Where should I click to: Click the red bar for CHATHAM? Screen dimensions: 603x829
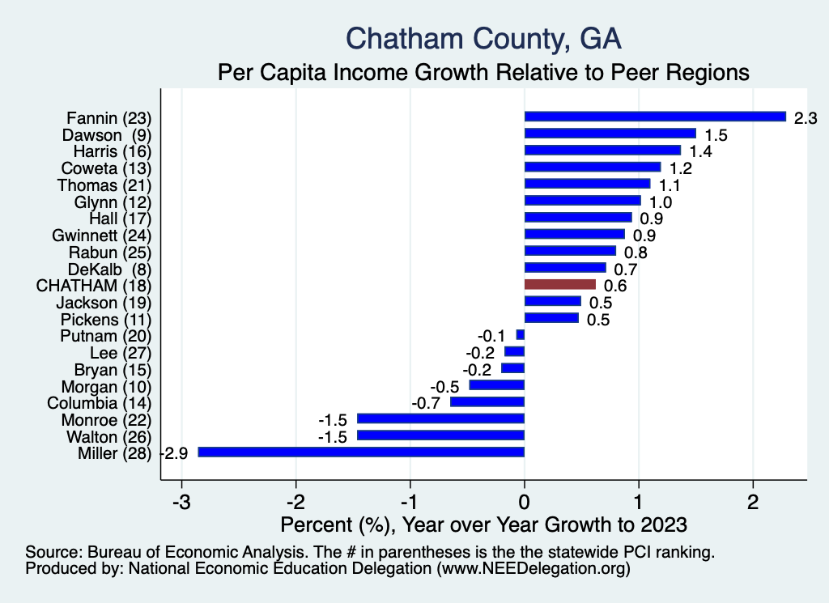[x=560, y=284]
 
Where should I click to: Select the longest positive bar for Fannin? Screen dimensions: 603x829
[x=655, y=117]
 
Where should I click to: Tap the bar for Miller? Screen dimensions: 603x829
[x=361, y=452]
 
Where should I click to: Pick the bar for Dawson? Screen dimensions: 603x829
[x=610, y=134]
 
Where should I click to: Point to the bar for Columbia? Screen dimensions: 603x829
[x=487, y=401]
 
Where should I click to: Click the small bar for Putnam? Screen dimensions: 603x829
[x=521, y=334]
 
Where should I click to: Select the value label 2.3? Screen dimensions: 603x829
[x=806, y=118]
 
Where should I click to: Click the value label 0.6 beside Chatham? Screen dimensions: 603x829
[x=615, y=286]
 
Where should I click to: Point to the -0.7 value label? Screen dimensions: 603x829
[x=427, y=403]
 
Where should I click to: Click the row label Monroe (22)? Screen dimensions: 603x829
[x=106, y=419]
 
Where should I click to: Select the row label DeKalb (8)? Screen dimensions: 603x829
[x=112, y=268]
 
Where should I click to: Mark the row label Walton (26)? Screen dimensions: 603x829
[x=107, y=436]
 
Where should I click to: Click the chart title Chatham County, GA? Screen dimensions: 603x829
[x=483, y=38]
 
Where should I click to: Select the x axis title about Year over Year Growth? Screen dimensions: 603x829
[x=483, y=524]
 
